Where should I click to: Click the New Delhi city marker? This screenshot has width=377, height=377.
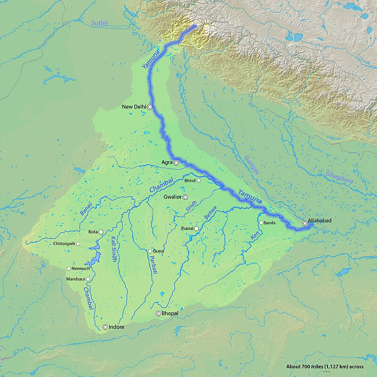coord(150,107)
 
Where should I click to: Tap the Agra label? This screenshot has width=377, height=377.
coord(167,163)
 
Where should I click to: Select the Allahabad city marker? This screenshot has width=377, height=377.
coord(304,223)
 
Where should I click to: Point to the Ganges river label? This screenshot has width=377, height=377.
coord(252,164)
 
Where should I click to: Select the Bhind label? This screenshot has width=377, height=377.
coord(189,180)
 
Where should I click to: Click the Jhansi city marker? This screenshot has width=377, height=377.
coord(196,229)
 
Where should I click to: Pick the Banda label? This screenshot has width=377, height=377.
coord(270,222)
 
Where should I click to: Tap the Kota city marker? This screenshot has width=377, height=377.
coord(100,232)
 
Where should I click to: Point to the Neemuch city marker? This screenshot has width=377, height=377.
coord(68,269)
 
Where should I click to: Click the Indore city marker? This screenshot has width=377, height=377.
coord(105,327)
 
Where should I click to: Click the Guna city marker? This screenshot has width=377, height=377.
coord(150,251)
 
